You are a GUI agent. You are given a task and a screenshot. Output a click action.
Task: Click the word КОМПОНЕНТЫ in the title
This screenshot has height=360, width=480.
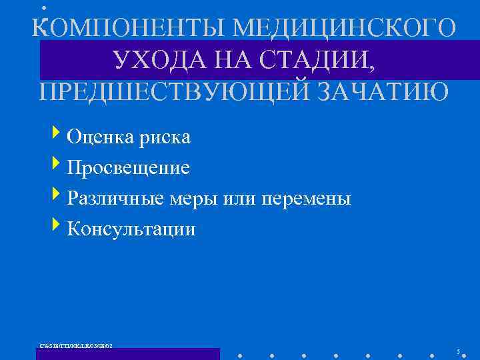point(126,27)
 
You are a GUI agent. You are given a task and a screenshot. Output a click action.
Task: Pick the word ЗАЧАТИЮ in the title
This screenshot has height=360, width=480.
point(383,91)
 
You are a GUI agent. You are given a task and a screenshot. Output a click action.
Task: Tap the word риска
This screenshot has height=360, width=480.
point(165,137)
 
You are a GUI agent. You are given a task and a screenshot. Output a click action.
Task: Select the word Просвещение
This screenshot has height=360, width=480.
point(128,168)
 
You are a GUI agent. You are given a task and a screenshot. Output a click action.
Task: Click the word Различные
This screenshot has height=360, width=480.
point(117,199)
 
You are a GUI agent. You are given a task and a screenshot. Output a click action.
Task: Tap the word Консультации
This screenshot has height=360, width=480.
point(131,229)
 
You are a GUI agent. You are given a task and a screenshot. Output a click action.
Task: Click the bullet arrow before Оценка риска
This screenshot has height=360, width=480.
point(61,135)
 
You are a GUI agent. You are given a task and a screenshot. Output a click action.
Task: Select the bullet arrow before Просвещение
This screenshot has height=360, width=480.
point(61,166)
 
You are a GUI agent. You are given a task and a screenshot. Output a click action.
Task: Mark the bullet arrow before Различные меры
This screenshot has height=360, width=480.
point(61,197)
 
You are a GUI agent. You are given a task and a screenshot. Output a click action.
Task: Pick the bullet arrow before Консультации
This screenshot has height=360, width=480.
point(61,227)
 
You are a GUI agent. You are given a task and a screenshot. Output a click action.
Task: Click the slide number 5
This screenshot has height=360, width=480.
point(458,351)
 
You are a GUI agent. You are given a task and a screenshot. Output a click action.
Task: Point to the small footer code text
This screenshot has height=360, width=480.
point(76,345)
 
